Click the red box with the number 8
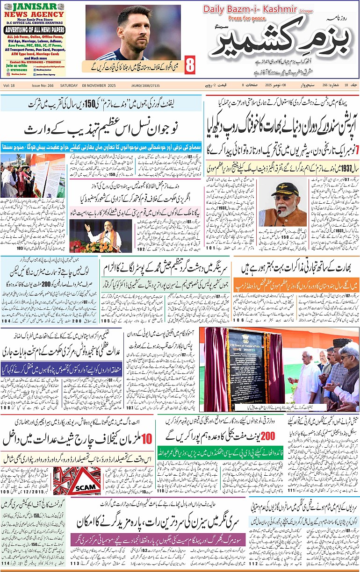pyautogui.click(x=189, y=65)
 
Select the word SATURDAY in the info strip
pyautogui.click(x=69, y=86)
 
